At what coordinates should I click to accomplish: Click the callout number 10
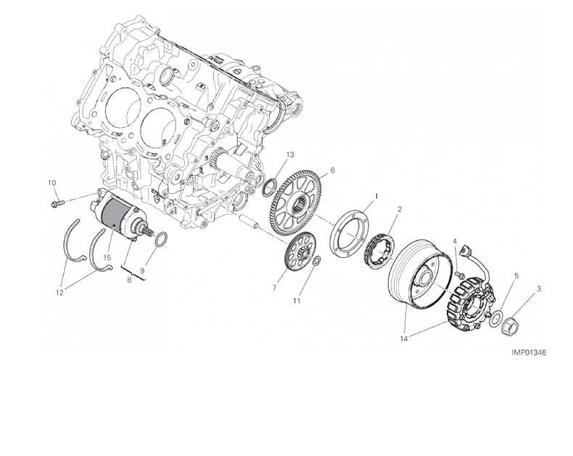click(x=52, y=183)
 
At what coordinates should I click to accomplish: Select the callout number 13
click(x=290, y=155)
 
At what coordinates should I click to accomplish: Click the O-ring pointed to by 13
click(x=269, y=187)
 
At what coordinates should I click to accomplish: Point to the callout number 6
click(x=332, y=170)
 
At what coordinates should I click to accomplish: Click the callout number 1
click(x=376, y=197)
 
